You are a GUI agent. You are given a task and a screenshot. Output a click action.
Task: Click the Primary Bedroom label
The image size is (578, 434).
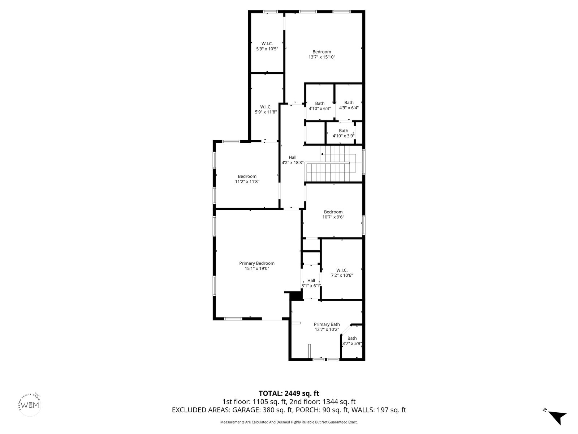257,263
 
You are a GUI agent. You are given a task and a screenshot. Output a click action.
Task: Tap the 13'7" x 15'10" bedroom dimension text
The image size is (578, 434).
322,57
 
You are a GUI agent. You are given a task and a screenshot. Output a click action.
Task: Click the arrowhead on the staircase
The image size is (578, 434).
322,154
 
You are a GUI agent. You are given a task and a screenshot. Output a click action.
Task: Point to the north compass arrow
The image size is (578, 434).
558,417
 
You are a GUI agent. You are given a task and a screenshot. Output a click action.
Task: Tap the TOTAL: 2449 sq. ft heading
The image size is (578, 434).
289,393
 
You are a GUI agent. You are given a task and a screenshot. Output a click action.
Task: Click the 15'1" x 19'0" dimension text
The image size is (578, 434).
257,268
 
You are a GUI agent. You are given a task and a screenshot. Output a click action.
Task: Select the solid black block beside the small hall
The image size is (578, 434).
295,295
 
